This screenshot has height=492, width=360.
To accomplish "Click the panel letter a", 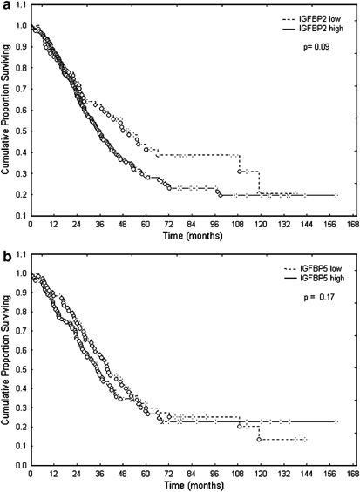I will coord(6,6).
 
